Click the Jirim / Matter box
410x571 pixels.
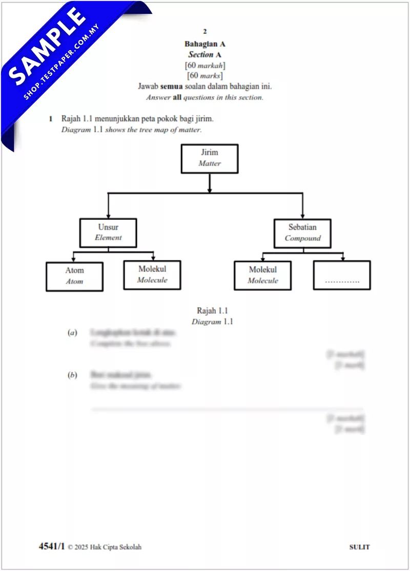point(209,158)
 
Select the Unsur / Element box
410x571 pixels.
point(108,233)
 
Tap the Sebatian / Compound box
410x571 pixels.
point(302,233)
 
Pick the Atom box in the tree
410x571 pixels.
point(74,277)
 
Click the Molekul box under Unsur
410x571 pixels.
point(152,275)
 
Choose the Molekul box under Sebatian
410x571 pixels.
point(262,276)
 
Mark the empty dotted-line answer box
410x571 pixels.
point(342,275)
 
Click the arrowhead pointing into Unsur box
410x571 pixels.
point(108,215)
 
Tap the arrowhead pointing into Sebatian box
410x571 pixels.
point(302,215)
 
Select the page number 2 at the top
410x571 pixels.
point(205,31)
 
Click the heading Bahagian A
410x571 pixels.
point(205,44)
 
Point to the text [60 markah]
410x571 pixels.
point(205,65)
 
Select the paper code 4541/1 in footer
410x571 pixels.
point(52,546)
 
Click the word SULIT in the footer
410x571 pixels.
point(359,547)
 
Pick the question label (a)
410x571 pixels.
point(72,333)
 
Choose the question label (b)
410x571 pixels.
point(72,375)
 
